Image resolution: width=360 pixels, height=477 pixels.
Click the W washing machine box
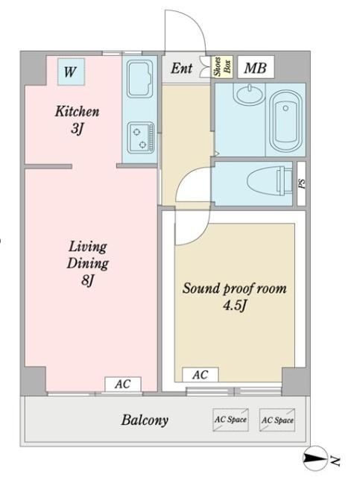tap(71, 72)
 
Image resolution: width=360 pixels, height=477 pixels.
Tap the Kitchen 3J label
tap(77, 120)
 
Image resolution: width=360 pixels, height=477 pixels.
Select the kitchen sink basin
tap(140, 79)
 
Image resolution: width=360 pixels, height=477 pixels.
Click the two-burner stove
tap(141, 138)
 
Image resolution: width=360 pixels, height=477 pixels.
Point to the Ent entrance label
tap(181, 68)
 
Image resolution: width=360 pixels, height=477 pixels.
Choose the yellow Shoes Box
tap(222, 66)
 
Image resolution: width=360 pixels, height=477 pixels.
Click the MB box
tap(256, 68)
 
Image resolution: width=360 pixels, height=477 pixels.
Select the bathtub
tap(285, 121)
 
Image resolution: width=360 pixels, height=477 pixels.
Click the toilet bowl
tap(267, 181)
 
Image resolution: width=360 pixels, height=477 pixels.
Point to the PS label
tap(301, 183)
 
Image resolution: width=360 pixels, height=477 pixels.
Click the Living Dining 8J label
tap(88, 263)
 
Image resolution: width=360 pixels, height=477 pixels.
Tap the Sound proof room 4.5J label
tap(234, 297)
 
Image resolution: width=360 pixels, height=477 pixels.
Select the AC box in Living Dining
tap(123, 385)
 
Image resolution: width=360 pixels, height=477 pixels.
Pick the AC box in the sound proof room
tap(200, 374)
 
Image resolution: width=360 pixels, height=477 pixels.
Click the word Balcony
tap(145, 420)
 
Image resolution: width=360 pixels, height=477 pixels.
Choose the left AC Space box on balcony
tap(230, 420)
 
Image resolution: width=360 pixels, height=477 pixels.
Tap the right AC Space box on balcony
tap(277, 420)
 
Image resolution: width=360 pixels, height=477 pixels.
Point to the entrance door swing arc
tap(194, 22)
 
